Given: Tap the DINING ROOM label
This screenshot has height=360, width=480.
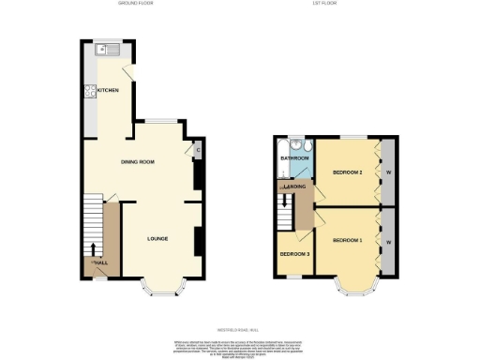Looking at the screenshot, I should (138, 162).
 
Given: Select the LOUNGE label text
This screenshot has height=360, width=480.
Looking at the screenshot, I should (157, 238).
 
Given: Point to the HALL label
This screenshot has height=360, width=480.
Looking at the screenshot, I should (100, 262).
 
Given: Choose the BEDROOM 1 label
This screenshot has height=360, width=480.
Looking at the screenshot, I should (347, 241).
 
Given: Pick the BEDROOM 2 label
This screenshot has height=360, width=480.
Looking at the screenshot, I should (347, 172).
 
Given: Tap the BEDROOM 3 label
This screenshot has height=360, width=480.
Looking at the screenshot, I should (294, 254).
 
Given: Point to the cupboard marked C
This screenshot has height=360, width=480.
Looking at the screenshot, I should (198, 150).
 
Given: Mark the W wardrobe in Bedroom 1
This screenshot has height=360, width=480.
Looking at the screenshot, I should (387, 242).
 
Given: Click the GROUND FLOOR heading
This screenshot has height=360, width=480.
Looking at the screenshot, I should (136, 4).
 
